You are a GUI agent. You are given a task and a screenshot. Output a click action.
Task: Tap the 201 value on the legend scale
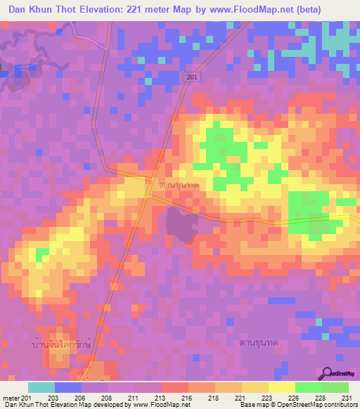pyautogui.click(x=26, y=398)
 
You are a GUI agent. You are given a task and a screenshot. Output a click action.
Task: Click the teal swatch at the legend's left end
pyautogui.click(x=41, y=387)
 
